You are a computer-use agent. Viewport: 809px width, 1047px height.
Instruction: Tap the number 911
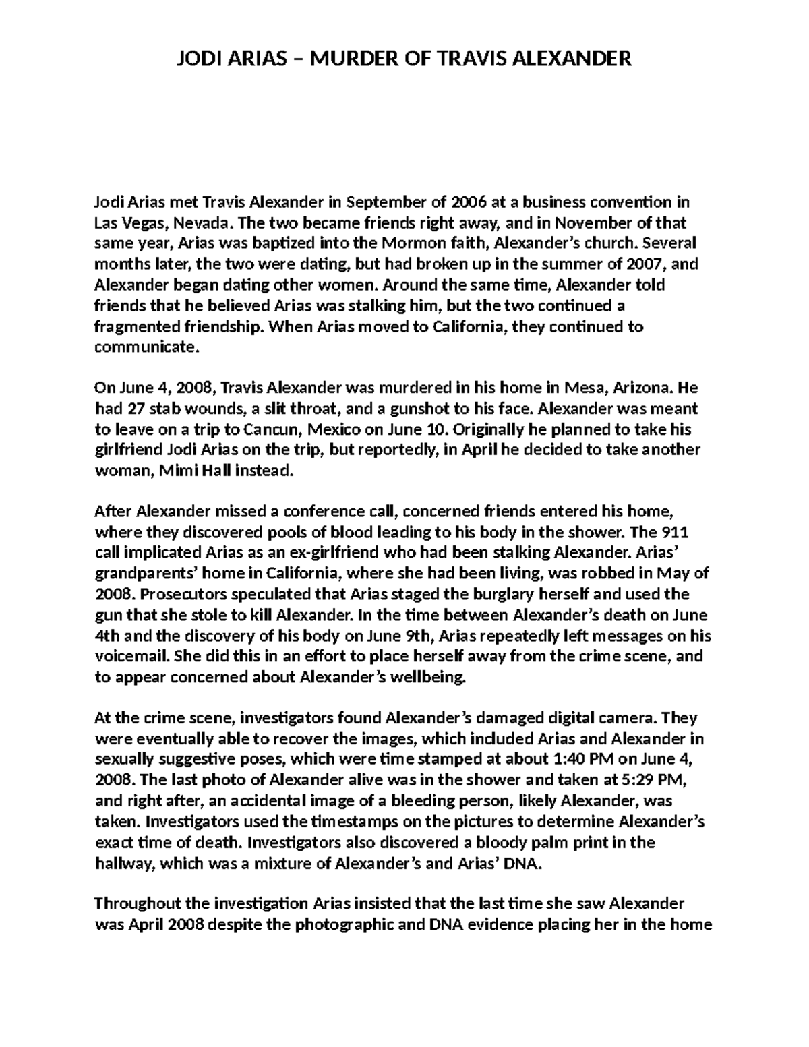[673, 533]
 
